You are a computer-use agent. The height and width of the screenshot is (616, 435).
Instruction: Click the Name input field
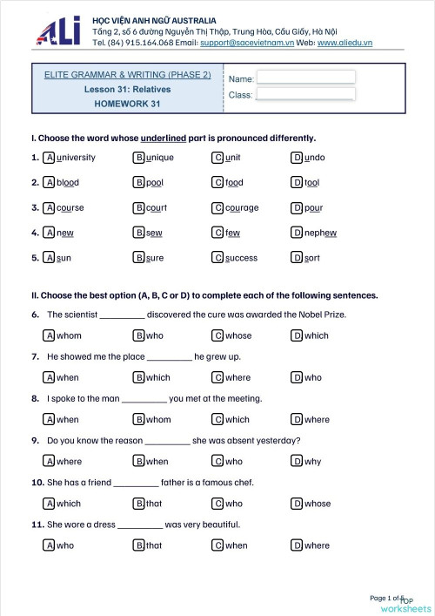tap(306, 76)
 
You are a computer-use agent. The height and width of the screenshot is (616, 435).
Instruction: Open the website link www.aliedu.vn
tap(345, 42)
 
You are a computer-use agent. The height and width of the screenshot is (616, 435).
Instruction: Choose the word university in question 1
tap(76, 158)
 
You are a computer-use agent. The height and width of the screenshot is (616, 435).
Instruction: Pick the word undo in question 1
tap(315, 158)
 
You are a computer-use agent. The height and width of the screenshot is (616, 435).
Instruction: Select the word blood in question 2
tap(68, 183)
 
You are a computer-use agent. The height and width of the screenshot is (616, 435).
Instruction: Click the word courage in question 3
tap(242, 208)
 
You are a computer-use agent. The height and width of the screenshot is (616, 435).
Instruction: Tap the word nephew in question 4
tap(321, 233)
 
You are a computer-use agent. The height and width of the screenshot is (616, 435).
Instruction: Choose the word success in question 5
tap(241, 258)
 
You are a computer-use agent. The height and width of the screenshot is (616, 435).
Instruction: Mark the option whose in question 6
tap(238, 335)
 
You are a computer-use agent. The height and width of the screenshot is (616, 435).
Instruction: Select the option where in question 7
tap(238, 377)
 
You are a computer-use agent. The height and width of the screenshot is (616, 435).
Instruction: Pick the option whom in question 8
tap(158, 419)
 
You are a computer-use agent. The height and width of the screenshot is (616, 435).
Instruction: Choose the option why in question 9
tap(312, 461)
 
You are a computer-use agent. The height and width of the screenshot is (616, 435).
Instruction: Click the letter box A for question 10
tap(49, 503)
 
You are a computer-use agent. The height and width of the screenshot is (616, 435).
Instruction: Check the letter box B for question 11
tap(138, 545)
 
